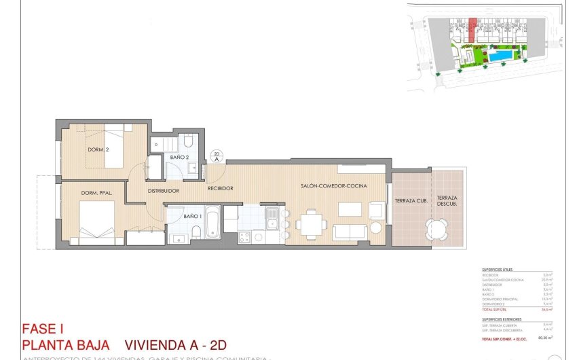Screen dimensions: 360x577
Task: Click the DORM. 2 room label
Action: point(98,149)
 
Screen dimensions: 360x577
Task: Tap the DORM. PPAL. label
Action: point(97,194)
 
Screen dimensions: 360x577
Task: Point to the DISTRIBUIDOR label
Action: point(164,191)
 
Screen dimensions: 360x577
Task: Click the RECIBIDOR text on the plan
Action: point(221,188)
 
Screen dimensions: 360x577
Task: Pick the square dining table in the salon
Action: point(312,223)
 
